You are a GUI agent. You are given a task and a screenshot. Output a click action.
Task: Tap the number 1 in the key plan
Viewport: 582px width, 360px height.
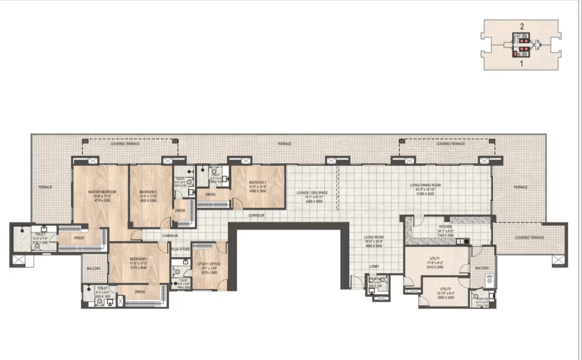click(522, 63)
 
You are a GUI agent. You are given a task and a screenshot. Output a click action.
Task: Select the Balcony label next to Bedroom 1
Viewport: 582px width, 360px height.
click(93, 269)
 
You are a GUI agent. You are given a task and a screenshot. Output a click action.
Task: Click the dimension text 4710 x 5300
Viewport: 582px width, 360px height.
click(102, 200)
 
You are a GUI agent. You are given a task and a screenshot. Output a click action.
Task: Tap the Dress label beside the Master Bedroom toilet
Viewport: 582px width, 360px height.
click(79, 238)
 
